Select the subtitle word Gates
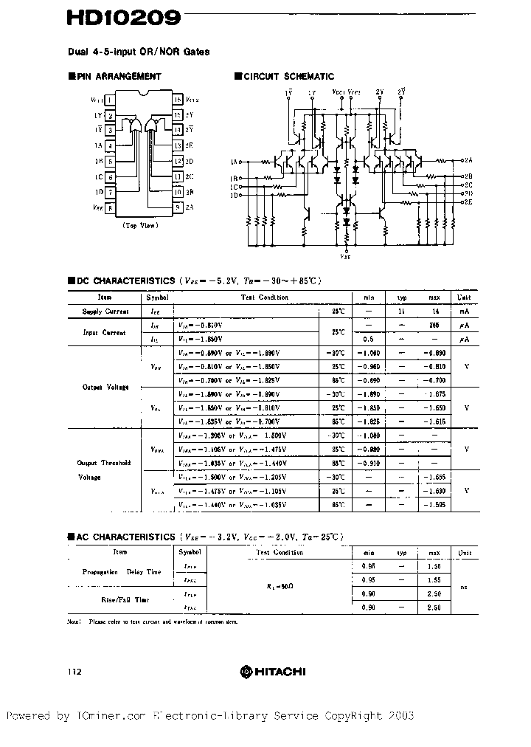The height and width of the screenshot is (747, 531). pos(195,52)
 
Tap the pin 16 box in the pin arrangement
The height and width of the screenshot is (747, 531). pos(178,100)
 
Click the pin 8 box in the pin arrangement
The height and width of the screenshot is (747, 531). pos(110,208)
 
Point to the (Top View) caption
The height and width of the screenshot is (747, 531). pos(139,225)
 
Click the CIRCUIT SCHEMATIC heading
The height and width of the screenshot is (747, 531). pos(288,76)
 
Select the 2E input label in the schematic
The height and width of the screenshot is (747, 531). pos(468,201)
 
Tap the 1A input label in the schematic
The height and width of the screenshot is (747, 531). pos(235,161)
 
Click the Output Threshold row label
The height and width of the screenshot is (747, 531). pos(104,463)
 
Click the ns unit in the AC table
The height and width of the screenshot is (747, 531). pos(464,587)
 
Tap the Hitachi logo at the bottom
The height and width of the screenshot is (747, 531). pos(272,671)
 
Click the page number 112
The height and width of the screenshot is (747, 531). pos(74,672)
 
